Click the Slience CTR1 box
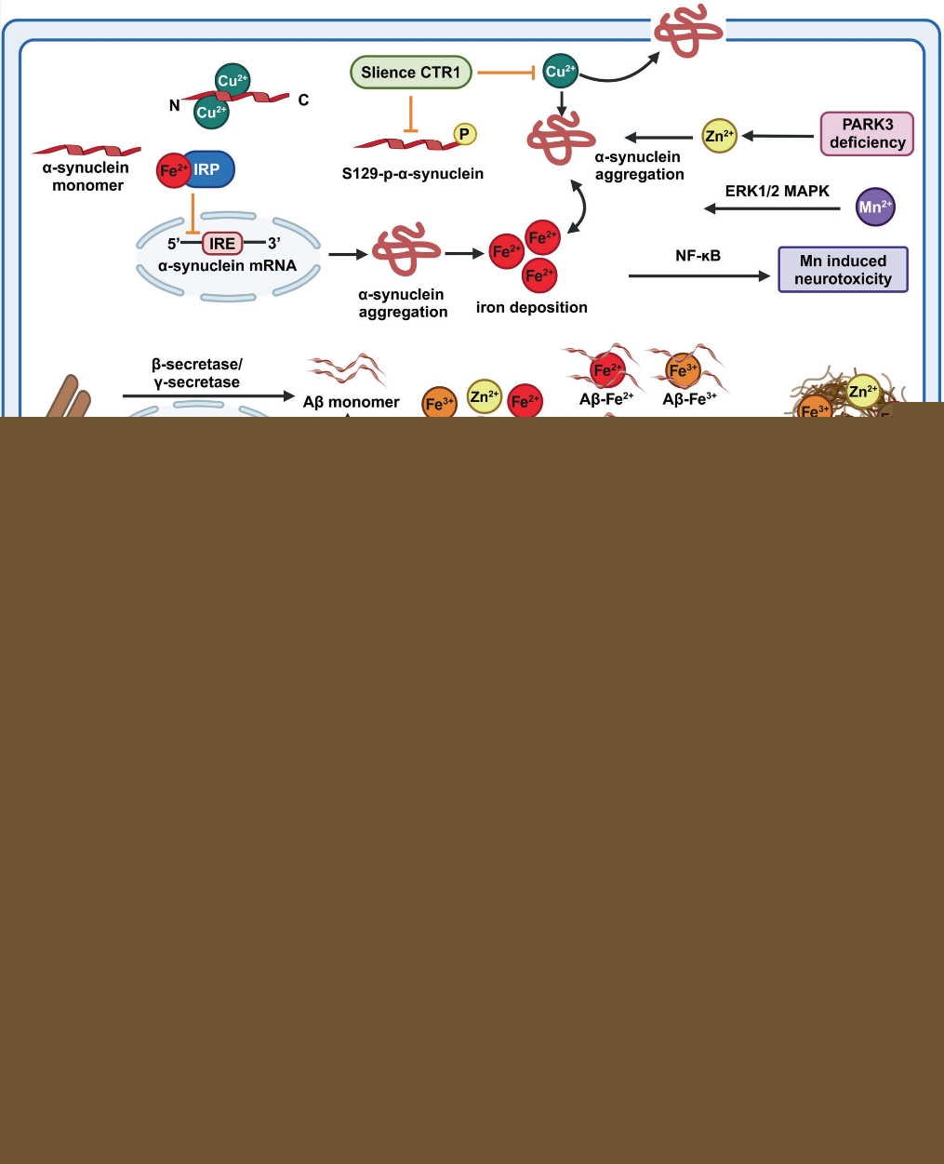[x=410, y=73]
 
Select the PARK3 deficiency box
[x=867, y=133]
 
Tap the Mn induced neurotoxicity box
[x=843, y=270]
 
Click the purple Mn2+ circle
[x=874, y=207]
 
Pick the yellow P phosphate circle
[x=464, y=134]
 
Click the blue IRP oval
[x=209, y=170]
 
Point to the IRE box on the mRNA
[x=222, y=244]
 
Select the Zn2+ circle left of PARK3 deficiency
[x=719, y=136]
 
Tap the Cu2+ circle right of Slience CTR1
[x=560, y=72]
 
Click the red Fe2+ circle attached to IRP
[x=173, y=171]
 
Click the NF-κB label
[x=698, y=256]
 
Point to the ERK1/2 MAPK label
[x=777, y=191]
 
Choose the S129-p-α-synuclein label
[x=412, y=173]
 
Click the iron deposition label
[x=531, y=307]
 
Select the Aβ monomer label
[x=351, y=402]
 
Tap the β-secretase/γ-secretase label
[x=196, y=373]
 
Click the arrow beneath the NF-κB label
[x=698, y=275]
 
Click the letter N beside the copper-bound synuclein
[x=174, y=105]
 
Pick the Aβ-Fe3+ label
[x=689, y=399]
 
